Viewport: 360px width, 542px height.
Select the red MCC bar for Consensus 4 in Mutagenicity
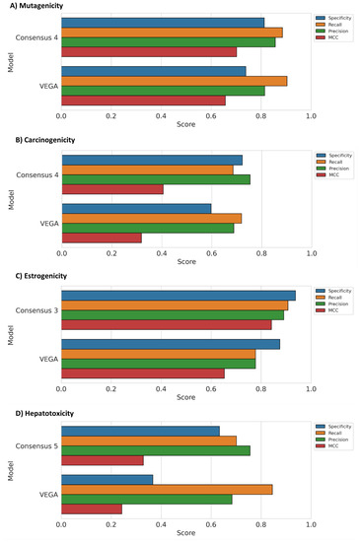[149, 52]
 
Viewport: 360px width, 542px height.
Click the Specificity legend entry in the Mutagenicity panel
[337, 18]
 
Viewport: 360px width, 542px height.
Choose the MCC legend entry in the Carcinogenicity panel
[332, 174]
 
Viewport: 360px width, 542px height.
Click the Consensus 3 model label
[36, 309]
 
